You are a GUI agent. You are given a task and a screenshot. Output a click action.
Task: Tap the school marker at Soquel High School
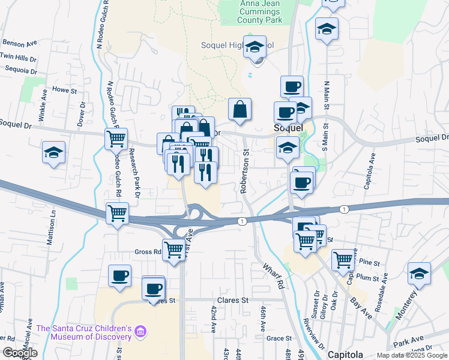point(255,46)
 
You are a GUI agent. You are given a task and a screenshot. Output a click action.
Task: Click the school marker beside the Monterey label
point(418,274)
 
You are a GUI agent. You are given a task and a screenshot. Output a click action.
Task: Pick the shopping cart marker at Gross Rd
point(173,248)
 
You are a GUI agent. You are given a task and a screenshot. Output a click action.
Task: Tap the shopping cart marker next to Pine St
point(343,259)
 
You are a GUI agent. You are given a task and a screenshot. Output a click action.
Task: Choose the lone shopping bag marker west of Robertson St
point(240,110)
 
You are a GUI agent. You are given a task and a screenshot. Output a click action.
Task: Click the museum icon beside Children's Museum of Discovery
point(140,331)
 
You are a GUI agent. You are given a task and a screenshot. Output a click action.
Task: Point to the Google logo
point(20,353)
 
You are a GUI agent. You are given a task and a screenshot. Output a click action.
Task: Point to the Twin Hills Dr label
point(18,56)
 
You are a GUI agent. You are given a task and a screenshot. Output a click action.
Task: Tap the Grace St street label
point(279,338)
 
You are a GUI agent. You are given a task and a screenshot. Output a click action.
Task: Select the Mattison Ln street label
point(52,226)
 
